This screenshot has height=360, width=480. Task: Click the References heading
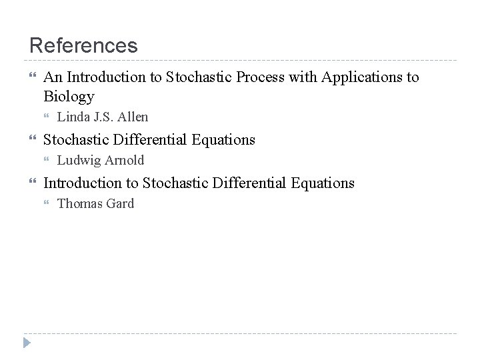point(83,45)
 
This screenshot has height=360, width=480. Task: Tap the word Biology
point(69,97)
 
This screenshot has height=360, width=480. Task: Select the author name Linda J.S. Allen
point(103,117)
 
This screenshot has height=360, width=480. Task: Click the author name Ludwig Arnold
point(100,160)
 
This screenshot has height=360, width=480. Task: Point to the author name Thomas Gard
point(95,203)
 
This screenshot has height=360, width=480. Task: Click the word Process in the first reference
point(257,77)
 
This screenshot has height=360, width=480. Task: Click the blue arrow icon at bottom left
point(27,343)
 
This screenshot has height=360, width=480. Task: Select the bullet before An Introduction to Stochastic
point(33,77)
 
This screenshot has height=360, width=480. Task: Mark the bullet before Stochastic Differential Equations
point(33,139)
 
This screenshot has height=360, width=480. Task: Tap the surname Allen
point(133,117)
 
